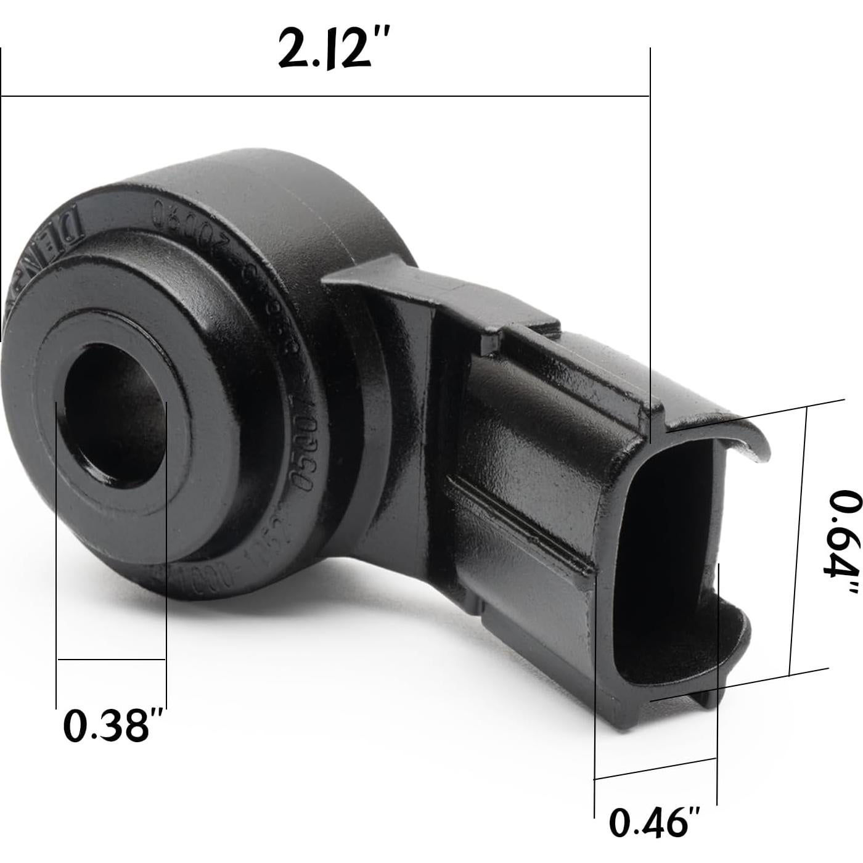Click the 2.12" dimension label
point(333,49)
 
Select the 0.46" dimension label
point(655,822)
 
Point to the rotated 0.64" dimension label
point(841,542)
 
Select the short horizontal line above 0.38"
point(112,659)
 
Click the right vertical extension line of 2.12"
point(650,247)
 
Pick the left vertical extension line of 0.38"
point(56,555)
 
